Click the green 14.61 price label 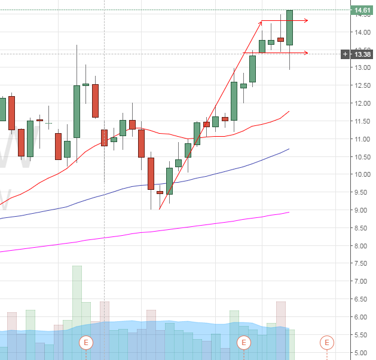tap(362, 11)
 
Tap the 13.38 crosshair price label tap(362, 54)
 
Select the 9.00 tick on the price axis tap(361, 210)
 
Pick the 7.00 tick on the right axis tap(361, 281)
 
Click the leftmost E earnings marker tap(86, 343)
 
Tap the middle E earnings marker tap(243, 343)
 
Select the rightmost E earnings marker tap(327, 343)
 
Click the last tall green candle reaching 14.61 tap(289, 27)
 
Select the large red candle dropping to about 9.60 tap(151, 173)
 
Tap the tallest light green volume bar tap(77, 299)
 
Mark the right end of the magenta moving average tap(289, 212)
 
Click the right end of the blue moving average tap(289, 149)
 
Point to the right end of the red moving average tap(289, 111)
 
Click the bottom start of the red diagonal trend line tap(160, 209)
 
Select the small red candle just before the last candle tap(280, 39)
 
